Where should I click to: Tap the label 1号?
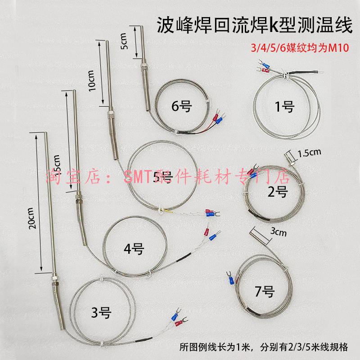tap(284, 107)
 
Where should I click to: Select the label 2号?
tap(277, 193)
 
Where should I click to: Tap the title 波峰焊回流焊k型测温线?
tap(254, 25)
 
